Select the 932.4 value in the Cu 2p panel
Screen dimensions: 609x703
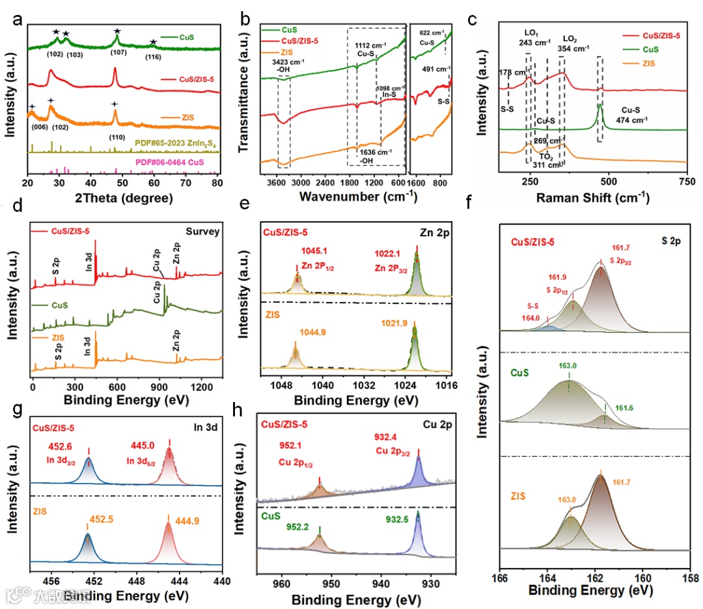(389, 435)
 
